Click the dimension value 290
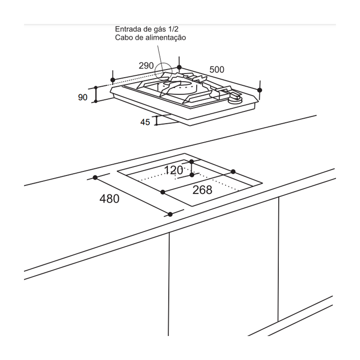point(146,66)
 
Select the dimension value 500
point(217,70)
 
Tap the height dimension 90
point(83,97)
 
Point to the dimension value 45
point(145,122)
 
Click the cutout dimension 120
point(174,170)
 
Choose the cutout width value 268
point(202,190)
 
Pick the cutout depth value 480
point(109,199)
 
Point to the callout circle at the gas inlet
point(163,72)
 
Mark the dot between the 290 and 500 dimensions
point(180,67)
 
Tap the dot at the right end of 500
point(260,90)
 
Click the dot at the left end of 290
point(113,80)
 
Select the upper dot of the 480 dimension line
point(96,178)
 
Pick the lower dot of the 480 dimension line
point(170,214)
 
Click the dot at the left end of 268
point(163,192)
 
